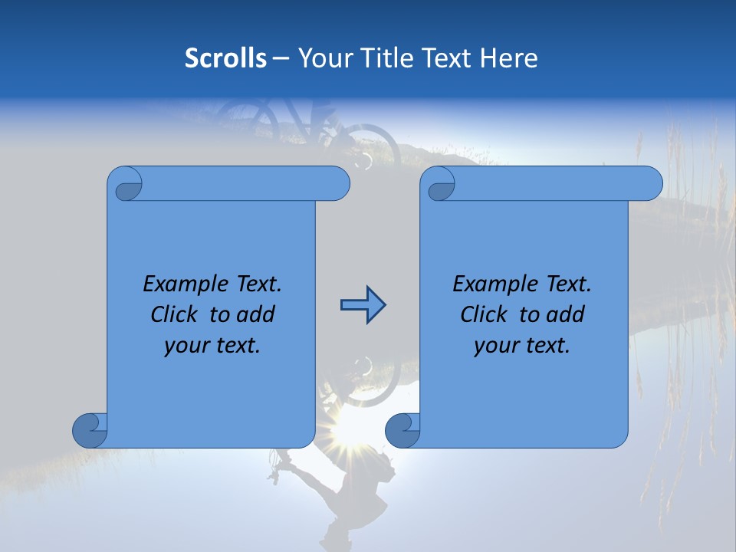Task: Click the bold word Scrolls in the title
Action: click(225, 58)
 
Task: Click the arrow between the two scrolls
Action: click(363, 306)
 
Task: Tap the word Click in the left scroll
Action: click(176, 314)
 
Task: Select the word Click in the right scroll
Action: click(486, 314)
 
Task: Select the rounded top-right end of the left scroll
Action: click(337, 183)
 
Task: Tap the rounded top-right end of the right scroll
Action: click(650, 183)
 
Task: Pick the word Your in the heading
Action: click(322, 58)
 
